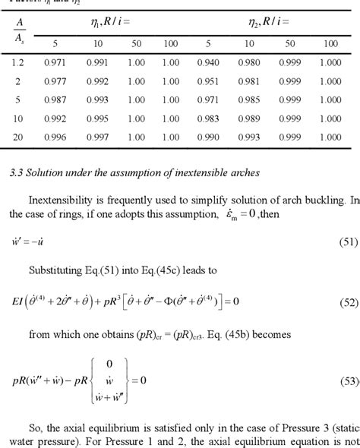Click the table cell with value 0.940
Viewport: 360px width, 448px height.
point(210,65)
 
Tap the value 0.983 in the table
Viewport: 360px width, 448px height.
point(210,119)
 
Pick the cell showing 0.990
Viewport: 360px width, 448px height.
point(210,137)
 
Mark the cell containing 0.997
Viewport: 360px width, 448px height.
point(97,137)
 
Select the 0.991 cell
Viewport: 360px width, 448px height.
point(97,65)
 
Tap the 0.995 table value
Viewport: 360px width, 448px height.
point(97,119)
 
